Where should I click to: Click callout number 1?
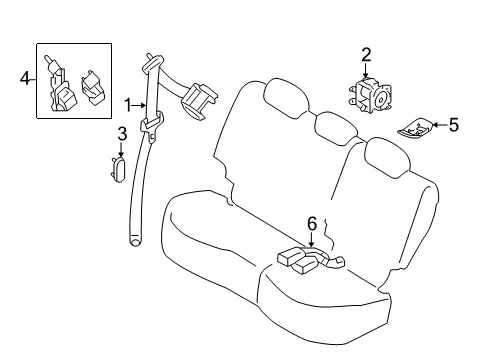click(x=128, y=104)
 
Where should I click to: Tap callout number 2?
click(x=366, y=54)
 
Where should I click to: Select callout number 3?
click(x=121, y=133)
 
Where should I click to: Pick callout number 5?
click(x=453, y=125)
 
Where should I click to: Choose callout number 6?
click(x=311, y=223)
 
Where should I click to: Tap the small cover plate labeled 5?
click(x=415, y=128)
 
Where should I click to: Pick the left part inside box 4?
click(x=61, y=86)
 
